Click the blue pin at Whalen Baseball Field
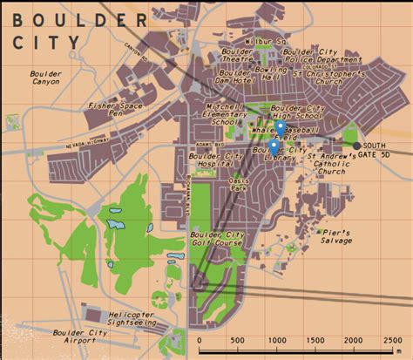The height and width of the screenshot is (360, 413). [x=281, y=128]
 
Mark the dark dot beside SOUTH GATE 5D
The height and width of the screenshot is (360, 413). [x=355, y=145]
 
